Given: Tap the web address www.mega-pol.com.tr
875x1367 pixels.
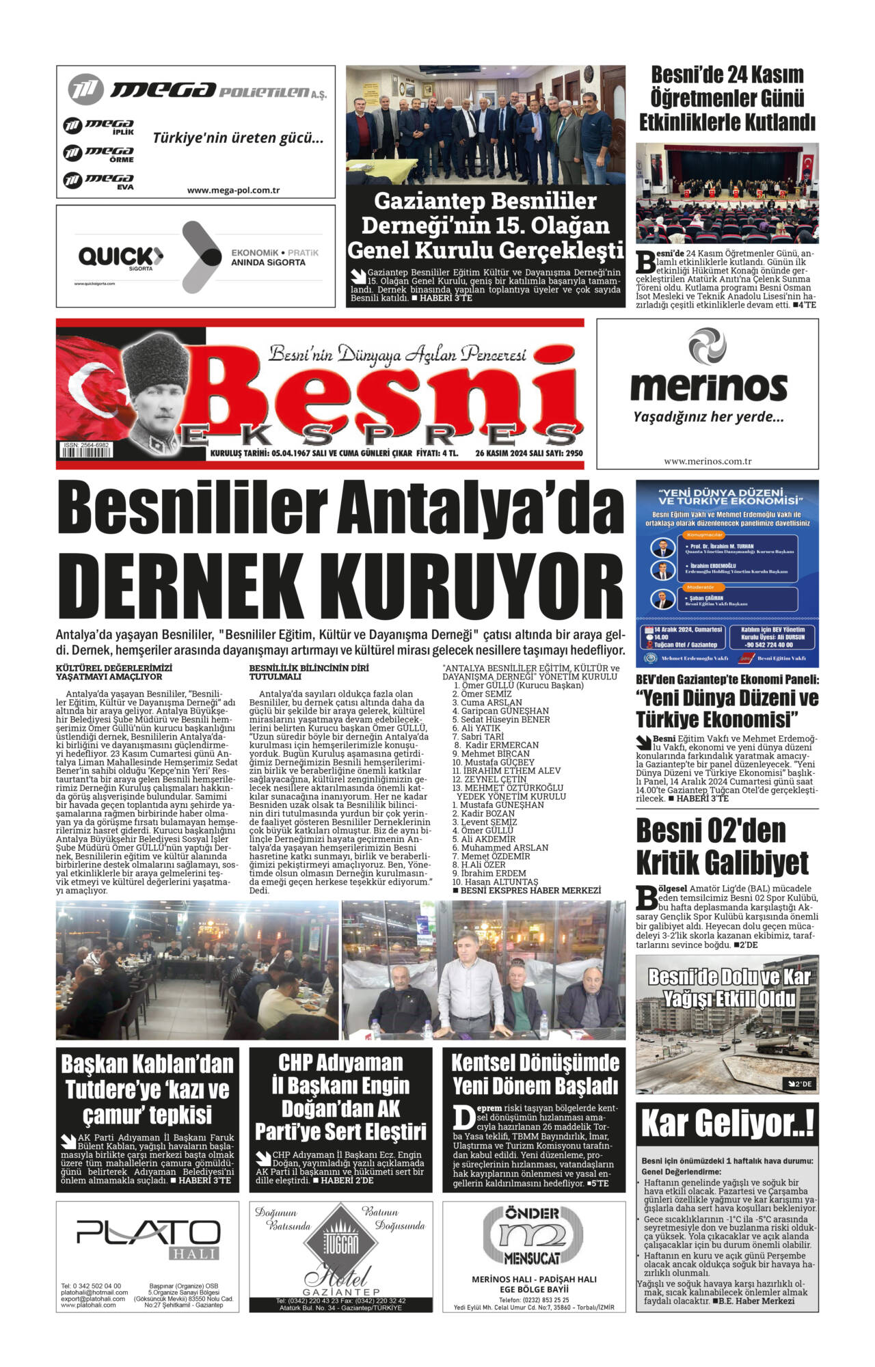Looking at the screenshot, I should click(x=233, y=191).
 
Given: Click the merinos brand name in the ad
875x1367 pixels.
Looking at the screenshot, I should click(x=708, y=386).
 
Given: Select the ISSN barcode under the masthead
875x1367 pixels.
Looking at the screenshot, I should click(x=86, y=453).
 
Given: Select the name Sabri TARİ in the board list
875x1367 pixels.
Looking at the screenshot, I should click(x=482, y=737).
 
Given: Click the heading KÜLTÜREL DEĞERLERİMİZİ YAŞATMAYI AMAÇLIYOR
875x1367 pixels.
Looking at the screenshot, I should click(x=113, y=672).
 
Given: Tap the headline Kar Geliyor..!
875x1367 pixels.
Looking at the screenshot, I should click(x=727, y=1124).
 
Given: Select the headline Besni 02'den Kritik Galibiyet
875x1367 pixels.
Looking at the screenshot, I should click(x=722, y=846).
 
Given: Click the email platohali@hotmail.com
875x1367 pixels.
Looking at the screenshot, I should click(x=94, y=1292).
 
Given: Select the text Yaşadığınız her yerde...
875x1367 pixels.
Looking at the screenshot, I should click(x=708, y=417).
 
